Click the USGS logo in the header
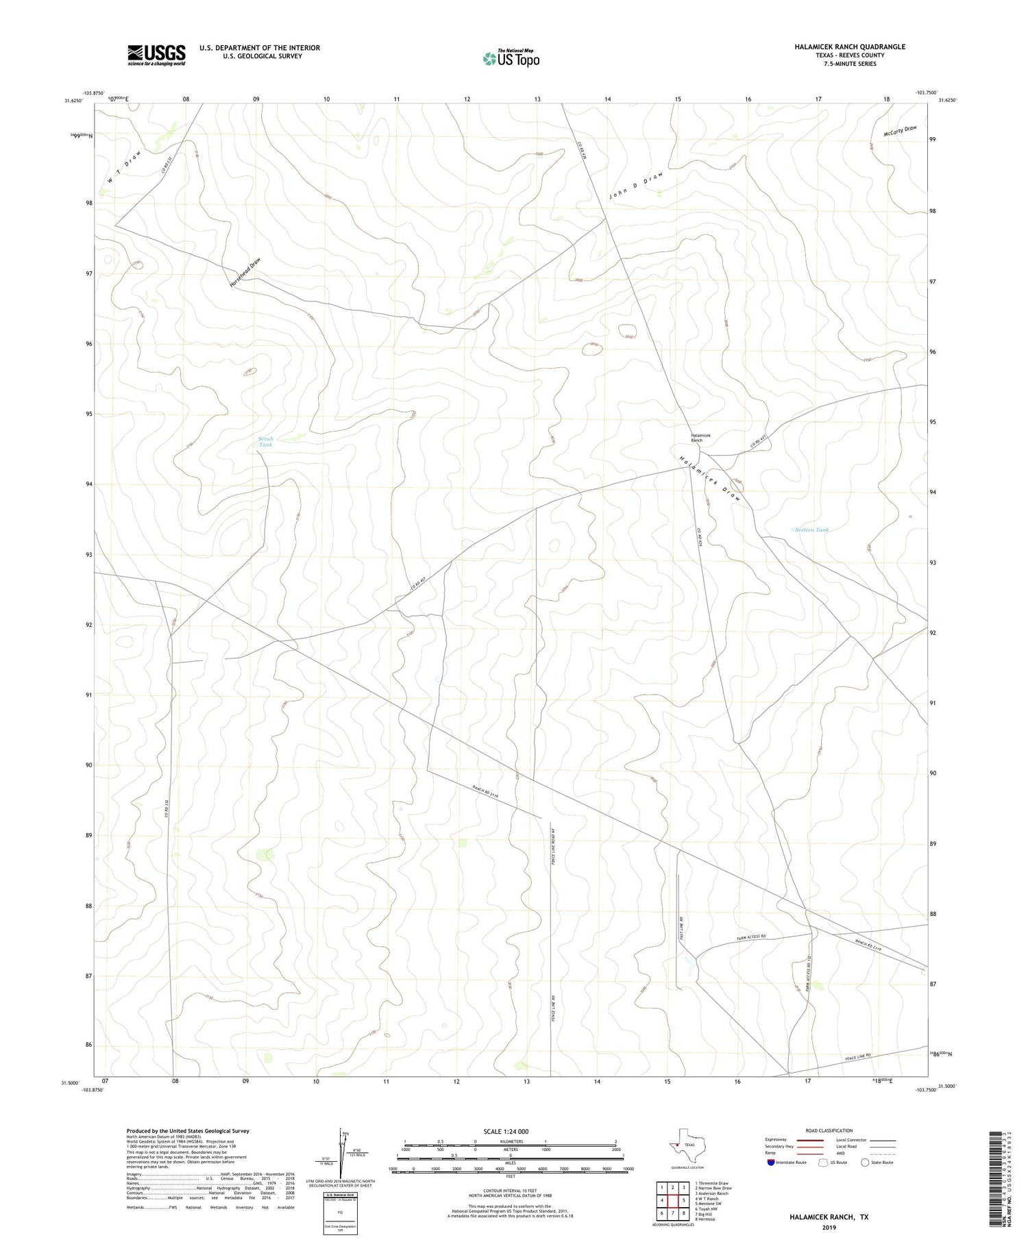pos(156,55)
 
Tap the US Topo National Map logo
pos(511,58)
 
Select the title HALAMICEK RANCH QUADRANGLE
pos(849,47)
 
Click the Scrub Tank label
pos(265,442)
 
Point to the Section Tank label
pos(812,530)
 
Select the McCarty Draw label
pos(900,131)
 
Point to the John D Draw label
pos(636,186)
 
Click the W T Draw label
pos(123,167)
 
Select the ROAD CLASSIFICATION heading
pos(829,1130)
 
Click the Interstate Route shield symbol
pos(772,1162)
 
